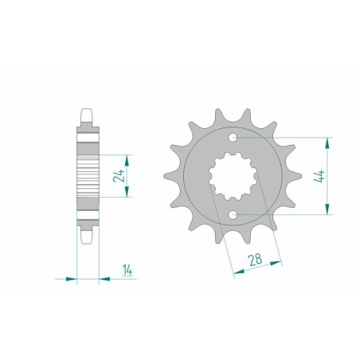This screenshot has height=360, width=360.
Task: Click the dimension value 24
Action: (x=119, y=175)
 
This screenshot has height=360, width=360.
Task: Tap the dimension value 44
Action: (x=319, y=176)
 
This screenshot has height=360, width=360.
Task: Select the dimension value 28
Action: (x=255, y=260)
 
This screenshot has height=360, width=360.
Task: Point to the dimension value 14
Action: (x=127, y=270)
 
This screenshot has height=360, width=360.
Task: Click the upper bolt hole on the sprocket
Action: (x=233, y=138)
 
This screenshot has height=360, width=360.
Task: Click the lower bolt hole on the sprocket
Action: (x=233, y=215)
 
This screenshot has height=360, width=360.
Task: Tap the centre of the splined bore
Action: (x=233, y=176)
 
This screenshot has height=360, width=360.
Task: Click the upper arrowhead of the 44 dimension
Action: (x=327, y=143)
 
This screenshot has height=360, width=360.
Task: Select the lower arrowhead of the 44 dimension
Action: (x=327, y=209)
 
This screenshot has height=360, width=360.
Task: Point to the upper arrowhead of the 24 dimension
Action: (x=127, y=160)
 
